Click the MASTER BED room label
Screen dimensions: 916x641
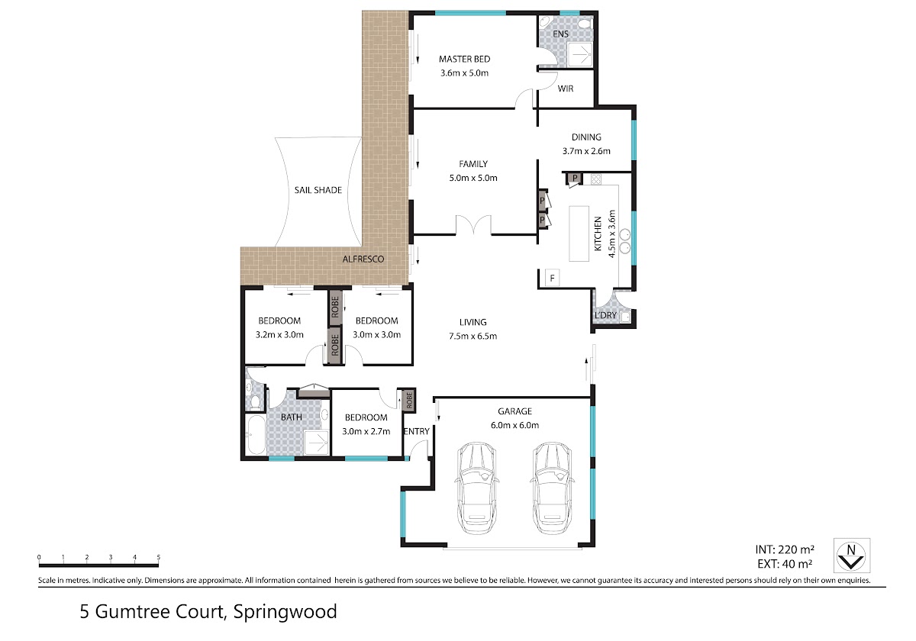pyautogui.click(x=464, y=60)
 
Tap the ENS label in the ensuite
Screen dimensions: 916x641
pyautogui.click(x=560, y=34)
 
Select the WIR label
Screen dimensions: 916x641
pyautogui.click(x=565, y=89)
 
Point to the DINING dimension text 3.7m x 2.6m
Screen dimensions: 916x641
pyautogui.click(x=586, y=151)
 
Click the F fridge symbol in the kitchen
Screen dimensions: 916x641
pyautogui.click(x=552, y=279)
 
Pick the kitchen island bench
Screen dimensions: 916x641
pyautogui.click(x=579, y=233)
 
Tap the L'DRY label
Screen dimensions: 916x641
pyautogui.click(x=605, y=315)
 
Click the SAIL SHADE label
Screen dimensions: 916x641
pyautogui.click(x=318, y=190)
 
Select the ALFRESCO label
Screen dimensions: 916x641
pyautogui.click(x=363, y=259)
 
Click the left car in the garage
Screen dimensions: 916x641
pyautogui.click(x=476, y=488)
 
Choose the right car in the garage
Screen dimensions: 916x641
pyautogui.click(x=552, y=488)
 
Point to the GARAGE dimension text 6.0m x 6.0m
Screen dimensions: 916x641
pyautogui.click(x=514, y=425)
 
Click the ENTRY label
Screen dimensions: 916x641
pyautogui.click(x=416, y=431)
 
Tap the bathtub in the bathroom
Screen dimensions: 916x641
pyautogui.click(x=256, y=435)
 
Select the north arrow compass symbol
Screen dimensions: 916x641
pyautogui.click(x=852, y=556)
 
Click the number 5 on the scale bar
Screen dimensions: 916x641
pyautogui.click(x=158, y=557)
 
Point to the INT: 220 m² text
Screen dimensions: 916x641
pyautogui.click(x=785, y=549)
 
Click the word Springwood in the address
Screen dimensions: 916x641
pyautogui.click(x=285, y=612)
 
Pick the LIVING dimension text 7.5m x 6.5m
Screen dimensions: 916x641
pyautogui.click(x=473, y=336)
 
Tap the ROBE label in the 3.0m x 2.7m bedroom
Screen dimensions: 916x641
pyautogui.click(x=408, y=400)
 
